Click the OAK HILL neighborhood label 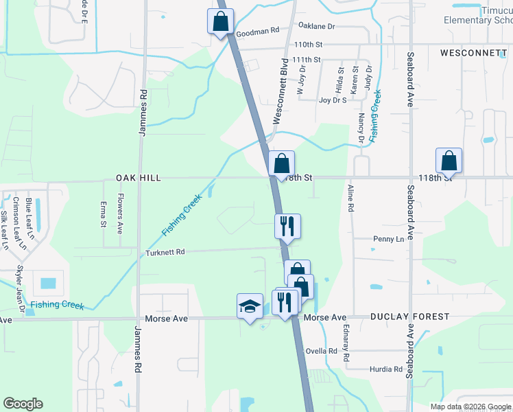point(139,178)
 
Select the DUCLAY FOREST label point(409,317)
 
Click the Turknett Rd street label point(166,253)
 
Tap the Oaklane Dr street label point(316,26)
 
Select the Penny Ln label point(388,239)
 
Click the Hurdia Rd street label point(387,369)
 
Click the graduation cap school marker point(250,306)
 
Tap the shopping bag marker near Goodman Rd point(220,21)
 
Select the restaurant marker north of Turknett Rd point(287,226)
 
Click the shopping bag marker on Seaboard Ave point(449,161)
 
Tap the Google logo point(23,404)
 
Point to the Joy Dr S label point(334,100)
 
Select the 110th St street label point(308,44)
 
